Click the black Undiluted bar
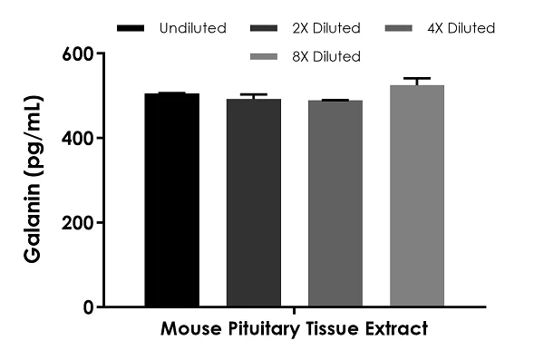click(172, 199)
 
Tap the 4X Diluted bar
click(335, 203)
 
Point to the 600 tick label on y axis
click(79, 54)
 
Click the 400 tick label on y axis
click(79, 138)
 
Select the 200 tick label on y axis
click(79, 222)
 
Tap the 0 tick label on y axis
click(88, 306)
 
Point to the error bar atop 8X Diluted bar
click(417, 81)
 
